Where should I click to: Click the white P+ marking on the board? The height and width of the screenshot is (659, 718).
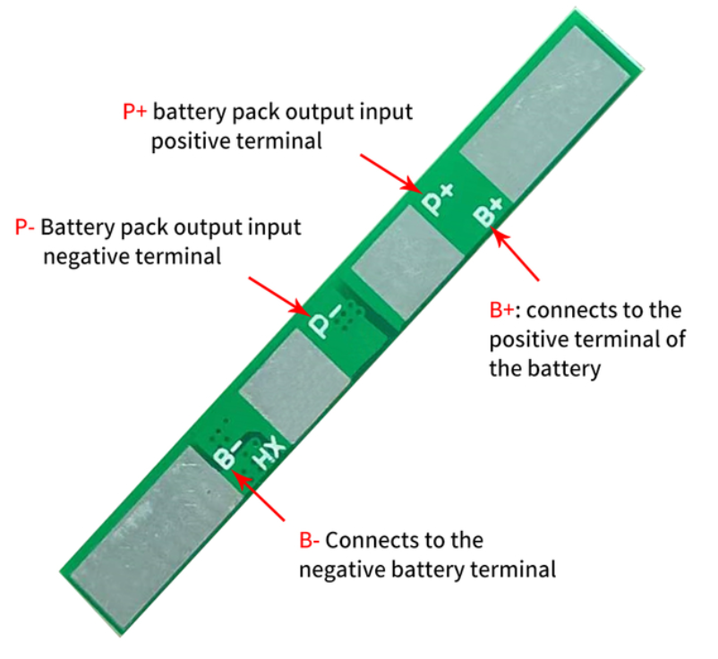(438, 199)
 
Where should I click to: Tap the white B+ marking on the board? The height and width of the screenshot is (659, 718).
(488, 211)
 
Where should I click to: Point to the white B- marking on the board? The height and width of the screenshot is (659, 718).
(227, 454)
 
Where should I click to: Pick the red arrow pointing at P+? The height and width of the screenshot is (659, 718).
(390, 173)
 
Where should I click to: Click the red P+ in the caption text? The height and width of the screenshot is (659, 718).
(134, 112)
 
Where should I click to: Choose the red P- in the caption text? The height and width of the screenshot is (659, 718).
(24, 227)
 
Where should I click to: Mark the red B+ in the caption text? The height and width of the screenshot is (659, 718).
(502, 311)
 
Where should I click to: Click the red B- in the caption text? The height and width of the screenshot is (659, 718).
(309, 541)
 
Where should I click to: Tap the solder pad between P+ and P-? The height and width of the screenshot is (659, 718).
(408, 261)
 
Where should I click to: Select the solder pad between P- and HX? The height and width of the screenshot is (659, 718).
(295, 386)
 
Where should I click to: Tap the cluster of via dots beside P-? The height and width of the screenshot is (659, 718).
(349, 314)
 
